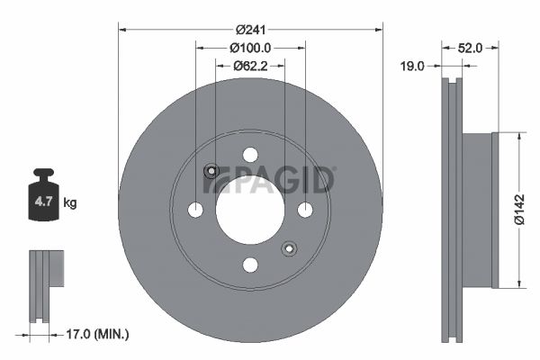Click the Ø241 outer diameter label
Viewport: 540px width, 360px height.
[x=251, y=30]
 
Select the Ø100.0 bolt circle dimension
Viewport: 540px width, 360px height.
[x=250, y=48]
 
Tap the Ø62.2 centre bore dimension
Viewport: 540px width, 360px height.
[x=250, y=66]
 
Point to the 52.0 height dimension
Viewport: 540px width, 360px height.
[x=470, y=48]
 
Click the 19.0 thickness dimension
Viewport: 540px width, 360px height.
[x=412, y=66]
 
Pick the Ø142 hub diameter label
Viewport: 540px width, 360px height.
[x=519, y=210]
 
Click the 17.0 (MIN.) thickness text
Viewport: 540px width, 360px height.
[x=97, y=334]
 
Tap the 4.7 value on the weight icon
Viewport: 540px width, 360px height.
[x=43, y=202]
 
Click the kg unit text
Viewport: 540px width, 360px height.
[x=70, y=202]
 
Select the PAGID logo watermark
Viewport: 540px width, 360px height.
[x=268, y=179]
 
